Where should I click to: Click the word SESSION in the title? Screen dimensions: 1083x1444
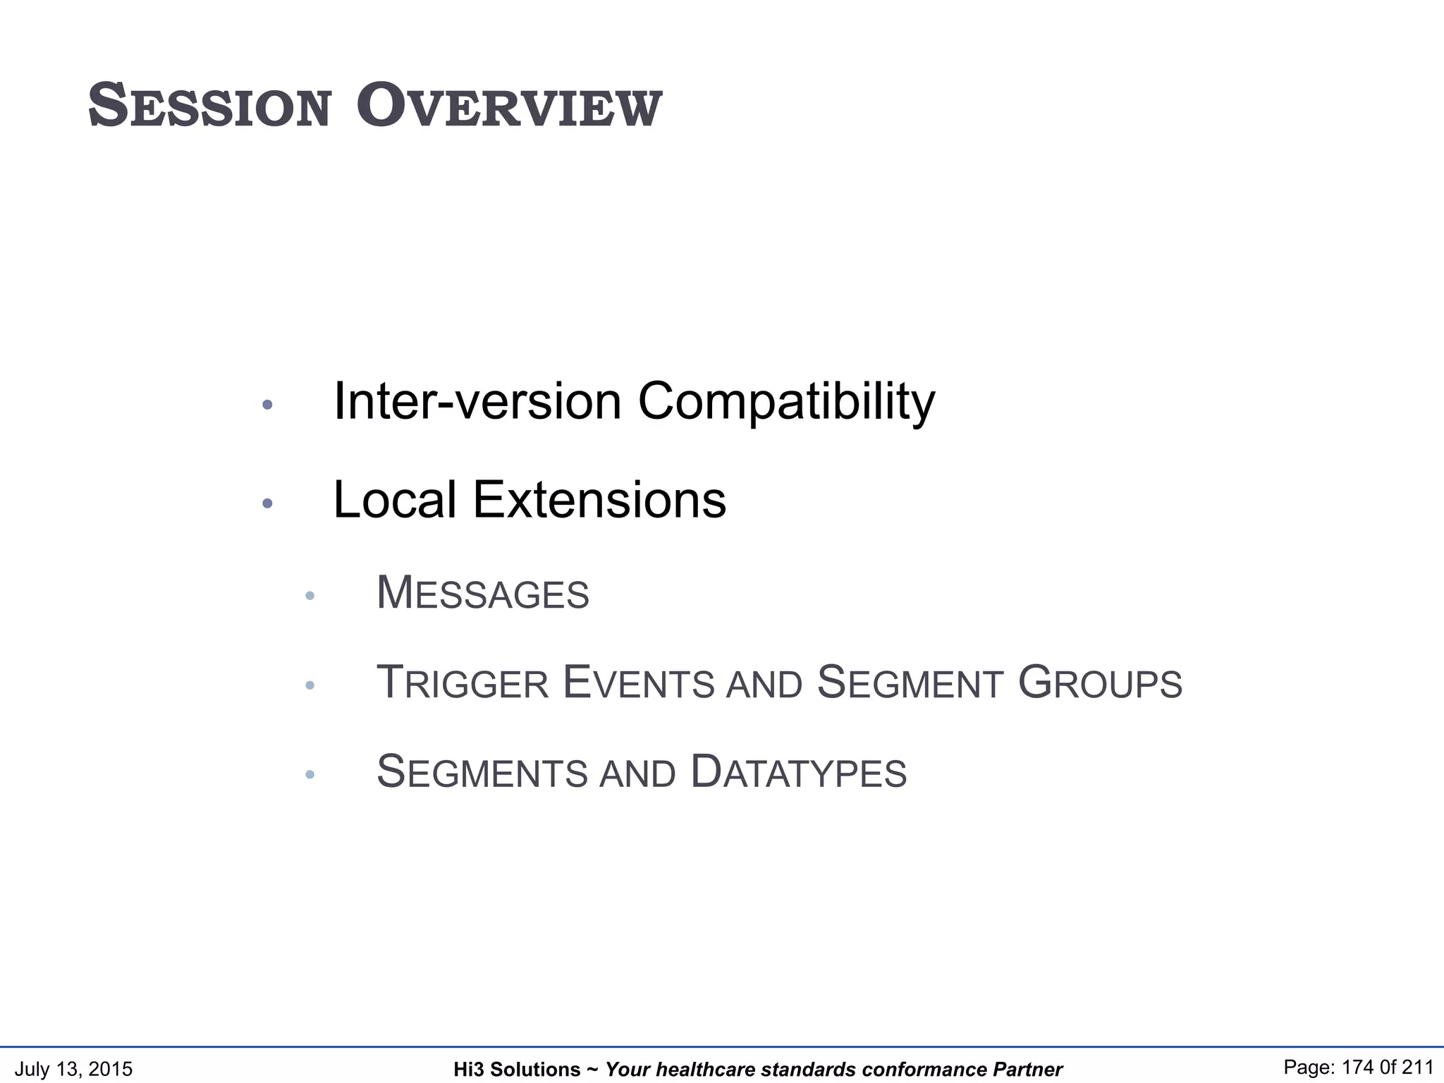pos(209,106)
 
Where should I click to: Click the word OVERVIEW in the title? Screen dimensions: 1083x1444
pos(509,106)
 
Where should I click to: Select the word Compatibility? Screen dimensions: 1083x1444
pos(786,401)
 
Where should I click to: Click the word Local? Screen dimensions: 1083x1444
pos(395,500)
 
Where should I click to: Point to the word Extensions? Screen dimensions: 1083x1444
pos(599,500)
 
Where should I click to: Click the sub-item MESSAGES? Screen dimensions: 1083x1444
pos(483,593)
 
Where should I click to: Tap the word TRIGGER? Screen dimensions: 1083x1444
pos(463,683)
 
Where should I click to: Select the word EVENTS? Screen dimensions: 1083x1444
pos(639,683)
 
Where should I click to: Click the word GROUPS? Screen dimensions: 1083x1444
pos(1100,683)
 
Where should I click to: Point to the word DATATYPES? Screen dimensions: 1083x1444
pos(798,772)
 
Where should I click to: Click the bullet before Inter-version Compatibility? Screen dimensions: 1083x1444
pos(267,405)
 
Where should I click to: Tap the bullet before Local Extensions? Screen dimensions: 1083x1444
pos(267,503)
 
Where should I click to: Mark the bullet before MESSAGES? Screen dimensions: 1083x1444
pos(310,596)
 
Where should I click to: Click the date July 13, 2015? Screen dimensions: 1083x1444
pos(73,1069)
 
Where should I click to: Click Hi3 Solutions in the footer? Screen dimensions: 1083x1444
pos(516,1070)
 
